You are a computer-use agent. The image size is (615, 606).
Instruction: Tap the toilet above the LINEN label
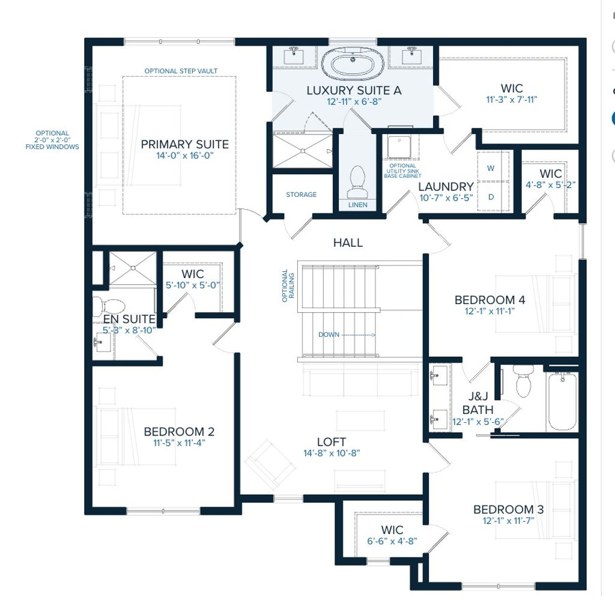(x=357, y=181)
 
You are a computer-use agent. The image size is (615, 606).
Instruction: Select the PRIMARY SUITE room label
(x=184, y=144)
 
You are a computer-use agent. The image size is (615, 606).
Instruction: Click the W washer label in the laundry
(x=491, y=169)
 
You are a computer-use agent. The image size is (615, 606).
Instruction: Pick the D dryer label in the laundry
(x=491, y=196)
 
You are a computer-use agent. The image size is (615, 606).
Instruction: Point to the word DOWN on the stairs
(x=329, y=335)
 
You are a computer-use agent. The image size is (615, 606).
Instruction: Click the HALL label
(x=348, y=243)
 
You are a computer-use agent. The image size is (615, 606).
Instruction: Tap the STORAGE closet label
(x=301, y=195)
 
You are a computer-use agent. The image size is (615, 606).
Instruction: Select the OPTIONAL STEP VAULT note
(x=181, y=71)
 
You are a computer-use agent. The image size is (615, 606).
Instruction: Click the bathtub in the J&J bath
(x=562, y=401)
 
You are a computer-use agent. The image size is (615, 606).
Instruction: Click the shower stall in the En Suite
(x=132, y=268)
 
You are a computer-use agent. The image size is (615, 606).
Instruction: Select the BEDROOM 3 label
(x=508, y=509)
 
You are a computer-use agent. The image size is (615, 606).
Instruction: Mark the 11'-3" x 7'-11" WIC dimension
(x=512, y=100)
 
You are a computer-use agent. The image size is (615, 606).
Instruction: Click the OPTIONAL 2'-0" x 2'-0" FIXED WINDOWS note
(x=52, y=140)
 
